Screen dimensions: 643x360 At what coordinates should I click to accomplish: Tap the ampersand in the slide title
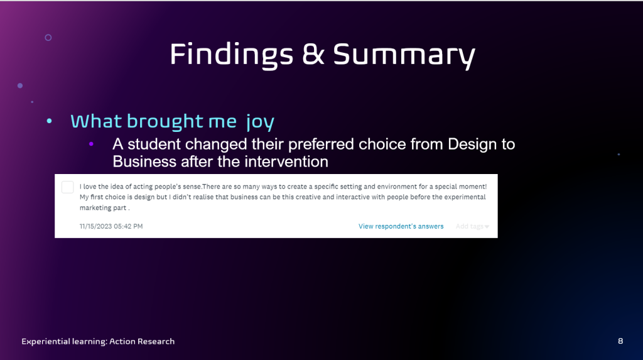pyautogui.click(x=313, y=54)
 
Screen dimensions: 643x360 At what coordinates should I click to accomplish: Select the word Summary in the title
pyautogui.click(x=404, y=55)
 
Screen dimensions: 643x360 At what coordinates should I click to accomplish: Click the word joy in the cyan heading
pyautogui.click(x=261, y=122)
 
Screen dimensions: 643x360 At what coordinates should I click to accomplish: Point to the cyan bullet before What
pyautogui.click(x=49, y=121)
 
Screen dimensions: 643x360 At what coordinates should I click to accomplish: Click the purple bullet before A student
pyautogui.click(x=91, y=144)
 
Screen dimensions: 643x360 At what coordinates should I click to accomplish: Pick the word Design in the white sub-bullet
pyautogui.click(x=471, y=145)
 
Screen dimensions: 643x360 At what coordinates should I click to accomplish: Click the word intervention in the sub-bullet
pyautogui.click(x=286, y=161)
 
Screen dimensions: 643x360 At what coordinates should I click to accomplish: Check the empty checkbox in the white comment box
pyautogui.click(x=68, y=187)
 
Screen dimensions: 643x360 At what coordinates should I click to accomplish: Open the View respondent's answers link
pyautogui.click(x=401, y=226)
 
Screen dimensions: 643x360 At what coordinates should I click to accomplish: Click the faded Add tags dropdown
pyautogui.click(x=472, y=226)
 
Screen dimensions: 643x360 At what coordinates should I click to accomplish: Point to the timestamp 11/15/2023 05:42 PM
pyautogui.click(x=111, y=226)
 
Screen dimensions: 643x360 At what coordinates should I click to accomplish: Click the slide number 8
pyautogui.click(x=620, y=341)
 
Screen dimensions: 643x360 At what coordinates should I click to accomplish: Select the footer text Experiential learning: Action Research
pyautogui.click(x=98, y=342)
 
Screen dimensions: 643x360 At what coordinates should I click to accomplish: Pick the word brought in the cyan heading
pyautogui.click(x=165, y=121)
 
